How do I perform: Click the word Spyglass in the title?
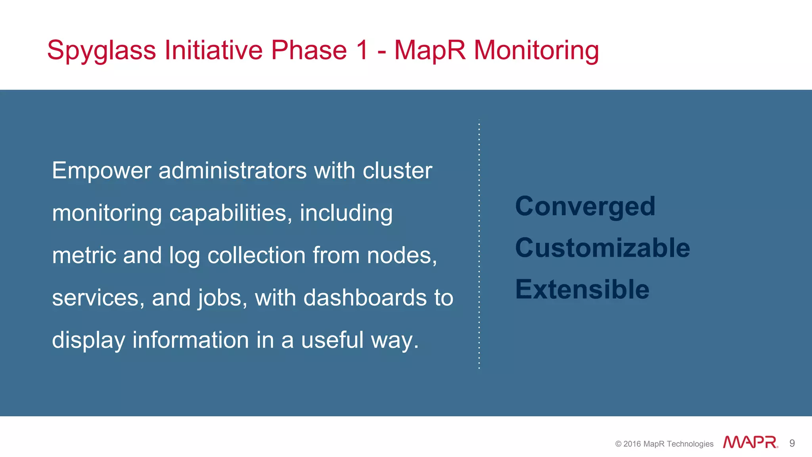(101, 51)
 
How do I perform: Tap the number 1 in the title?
(361, 50)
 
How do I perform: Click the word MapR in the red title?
(430, 50)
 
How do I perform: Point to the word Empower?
(101, 171)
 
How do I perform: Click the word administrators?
(232, 171)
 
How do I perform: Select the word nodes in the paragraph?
(401, 255)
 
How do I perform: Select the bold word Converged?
(585, 207)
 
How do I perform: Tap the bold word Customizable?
(603, 248)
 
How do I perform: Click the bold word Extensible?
(582, 289)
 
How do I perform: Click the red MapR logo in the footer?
(750, 442)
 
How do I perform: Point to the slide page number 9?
(792, 443)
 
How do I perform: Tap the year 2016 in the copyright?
(632, 444)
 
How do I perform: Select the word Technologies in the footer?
(690, 444)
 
